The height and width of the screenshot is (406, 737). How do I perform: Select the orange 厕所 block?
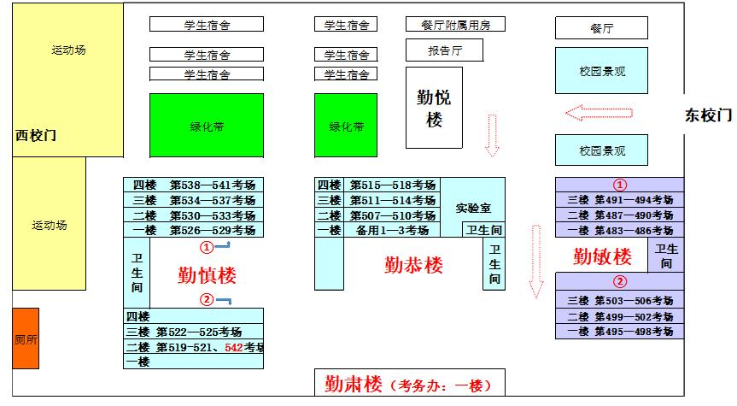tap(26, 338)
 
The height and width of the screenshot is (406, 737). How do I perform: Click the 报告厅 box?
tap(444, 50)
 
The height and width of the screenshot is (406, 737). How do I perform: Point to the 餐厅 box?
tap(601, 28)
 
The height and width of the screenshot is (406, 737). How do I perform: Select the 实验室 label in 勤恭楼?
tap(473, 208)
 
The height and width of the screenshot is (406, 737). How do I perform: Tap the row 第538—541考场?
tap(212, 185)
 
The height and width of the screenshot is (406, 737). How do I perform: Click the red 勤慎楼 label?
tap(207, 274)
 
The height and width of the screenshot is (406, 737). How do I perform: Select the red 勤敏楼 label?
tap(602, 256)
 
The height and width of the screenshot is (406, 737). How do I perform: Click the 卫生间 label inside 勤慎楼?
tap(137, 273)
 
